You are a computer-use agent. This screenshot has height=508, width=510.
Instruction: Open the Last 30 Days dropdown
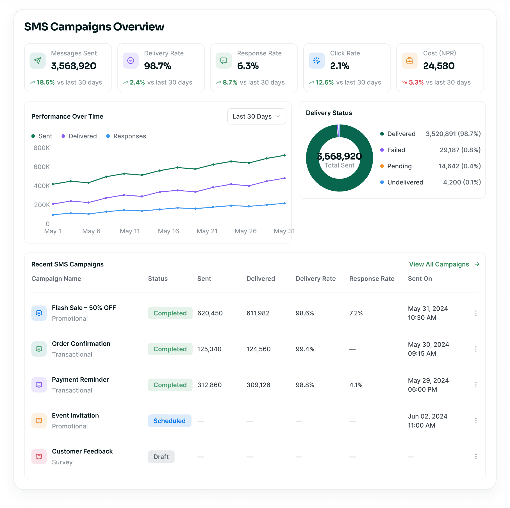[256, 116]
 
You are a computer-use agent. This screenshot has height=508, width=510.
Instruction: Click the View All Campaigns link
[444, 264]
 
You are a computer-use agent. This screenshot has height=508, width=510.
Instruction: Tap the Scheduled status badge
[170, 421]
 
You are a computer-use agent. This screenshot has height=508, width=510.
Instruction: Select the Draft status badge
[161, 457]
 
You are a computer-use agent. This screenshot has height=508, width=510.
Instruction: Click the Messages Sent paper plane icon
[38, 60]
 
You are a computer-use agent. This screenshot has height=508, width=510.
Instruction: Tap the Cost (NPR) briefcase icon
[410, 60]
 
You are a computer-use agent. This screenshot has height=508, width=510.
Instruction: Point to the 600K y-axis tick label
[42, 167]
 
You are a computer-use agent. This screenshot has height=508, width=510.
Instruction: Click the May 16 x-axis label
[169, 231]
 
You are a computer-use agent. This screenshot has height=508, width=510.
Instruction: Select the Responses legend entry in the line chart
[126, 136]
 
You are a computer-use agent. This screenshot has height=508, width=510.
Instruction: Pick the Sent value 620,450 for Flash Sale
[210, 313]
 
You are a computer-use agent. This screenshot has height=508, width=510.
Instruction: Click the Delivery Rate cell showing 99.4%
[305, 349]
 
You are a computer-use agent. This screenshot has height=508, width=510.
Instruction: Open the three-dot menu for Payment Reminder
[476, 385]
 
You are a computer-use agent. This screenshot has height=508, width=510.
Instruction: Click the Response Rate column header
[372, 279]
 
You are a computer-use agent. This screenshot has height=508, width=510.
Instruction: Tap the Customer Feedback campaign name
[82, 451]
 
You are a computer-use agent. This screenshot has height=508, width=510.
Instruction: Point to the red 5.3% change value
[416, 82]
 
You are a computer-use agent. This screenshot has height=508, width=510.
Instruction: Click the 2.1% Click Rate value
[340, 66]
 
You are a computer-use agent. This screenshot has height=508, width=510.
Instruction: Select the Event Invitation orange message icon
[39, 421]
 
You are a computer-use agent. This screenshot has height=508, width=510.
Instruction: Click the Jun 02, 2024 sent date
[428, 416]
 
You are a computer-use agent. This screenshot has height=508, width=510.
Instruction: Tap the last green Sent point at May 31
[284, 155]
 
